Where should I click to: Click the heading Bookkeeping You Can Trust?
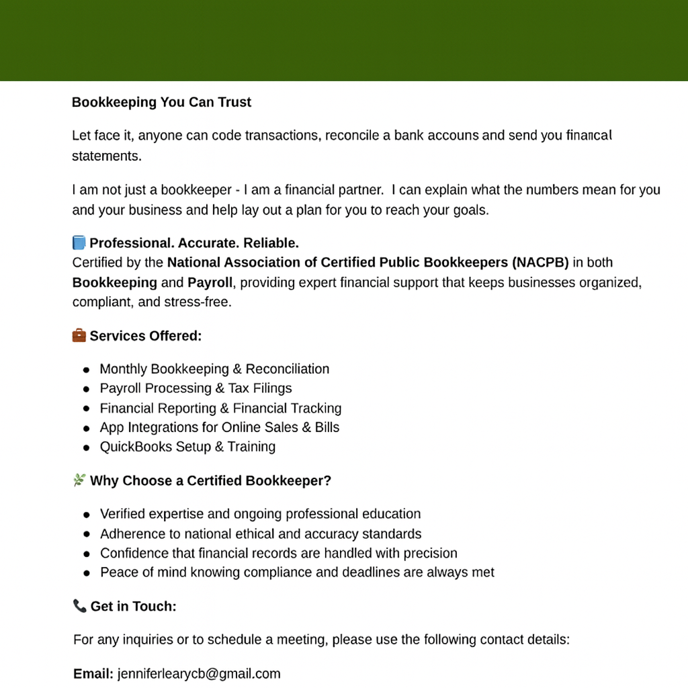click(x=161, y=103)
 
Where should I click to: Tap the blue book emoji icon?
click(x=79, y=243)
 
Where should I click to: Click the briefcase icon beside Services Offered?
click(x=79, y=335)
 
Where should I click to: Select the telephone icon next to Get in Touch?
click(x=79, y=606)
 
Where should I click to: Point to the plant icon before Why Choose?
click(x=79, y=480)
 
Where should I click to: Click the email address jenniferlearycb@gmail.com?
click(x=198, y=674)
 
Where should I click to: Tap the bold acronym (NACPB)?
click(x=540, y=262)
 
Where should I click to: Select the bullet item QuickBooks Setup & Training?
click(x=187, y=447)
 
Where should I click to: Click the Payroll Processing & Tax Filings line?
click(x=196, y=388)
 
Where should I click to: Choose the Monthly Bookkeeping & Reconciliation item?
click(x=214, y=369)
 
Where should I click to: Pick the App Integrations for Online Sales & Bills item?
click(x=220, y=427)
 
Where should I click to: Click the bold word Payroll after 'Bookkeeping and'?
click(x=210, y=282)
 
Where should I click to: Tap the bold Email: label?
click(x=93, y=674)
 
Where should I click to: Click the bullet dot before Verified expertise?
click(x=87, y=515)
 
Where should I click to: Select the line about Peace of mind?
click(x=297, y=572)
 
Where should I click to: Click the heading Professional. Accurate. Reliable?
click(x=194, y=243)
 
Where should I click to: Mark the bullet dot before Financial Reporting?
click(x=87, y=408)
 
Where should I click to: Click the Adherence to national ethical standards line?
click(x=261, y=534)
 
